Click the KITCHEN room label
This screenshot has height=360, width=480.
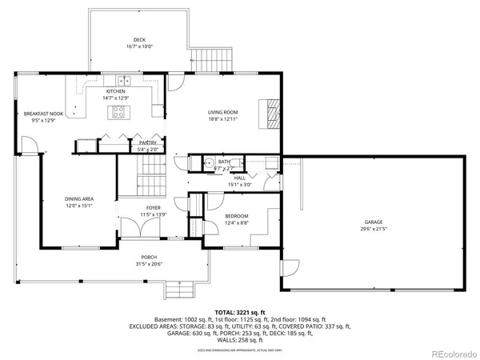(116, 91)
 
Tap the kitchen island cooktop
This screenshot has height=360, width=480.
(116, 113)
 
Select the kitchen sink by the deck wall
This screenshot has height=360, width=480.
(123, 80)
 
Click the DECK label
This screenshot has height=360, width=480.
(140, 40)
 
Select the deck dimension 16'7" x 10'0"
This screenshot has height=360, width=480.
(140, 47)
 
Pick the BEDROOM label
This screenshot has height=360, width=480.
(236, 216)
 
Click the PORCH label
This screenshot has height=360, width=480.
(150, 258)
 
